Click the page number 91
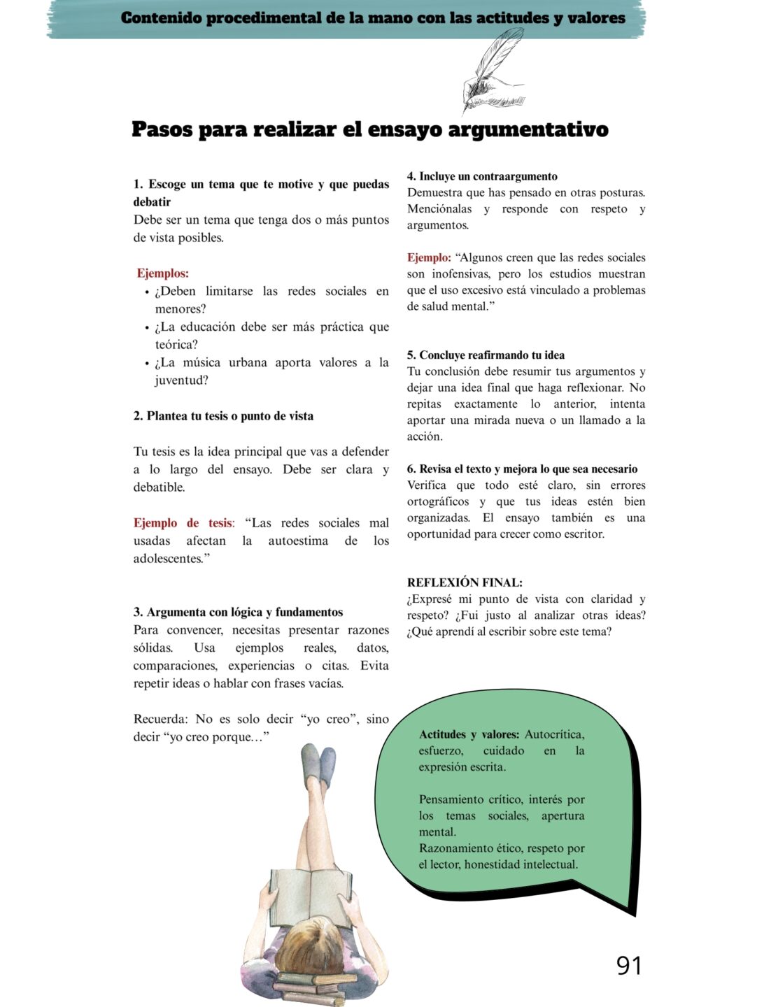point(628,965)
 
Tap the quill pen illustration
point(494,69)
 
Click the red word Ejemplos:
point(162,273)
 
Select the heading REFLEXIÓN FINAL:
point(465,583)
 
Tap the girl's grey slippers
point(318,763)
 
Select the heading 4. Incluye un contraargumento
point(482,176)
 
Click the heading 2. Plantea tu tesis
point(223,416)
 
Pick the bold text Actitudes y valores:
point(469,734)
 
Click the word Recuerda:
point(161,719)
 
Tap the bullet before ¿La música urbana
point(147,364)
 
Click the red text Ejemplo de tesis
point(183,523)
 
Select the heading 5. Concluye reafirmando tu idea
point(486,355)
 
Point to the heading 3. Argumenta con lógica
point(238,613)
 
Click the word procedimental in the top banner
point(265,18)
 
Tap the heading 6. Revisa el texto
point(522,469)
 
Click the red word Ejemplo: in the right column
point(428,258)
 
